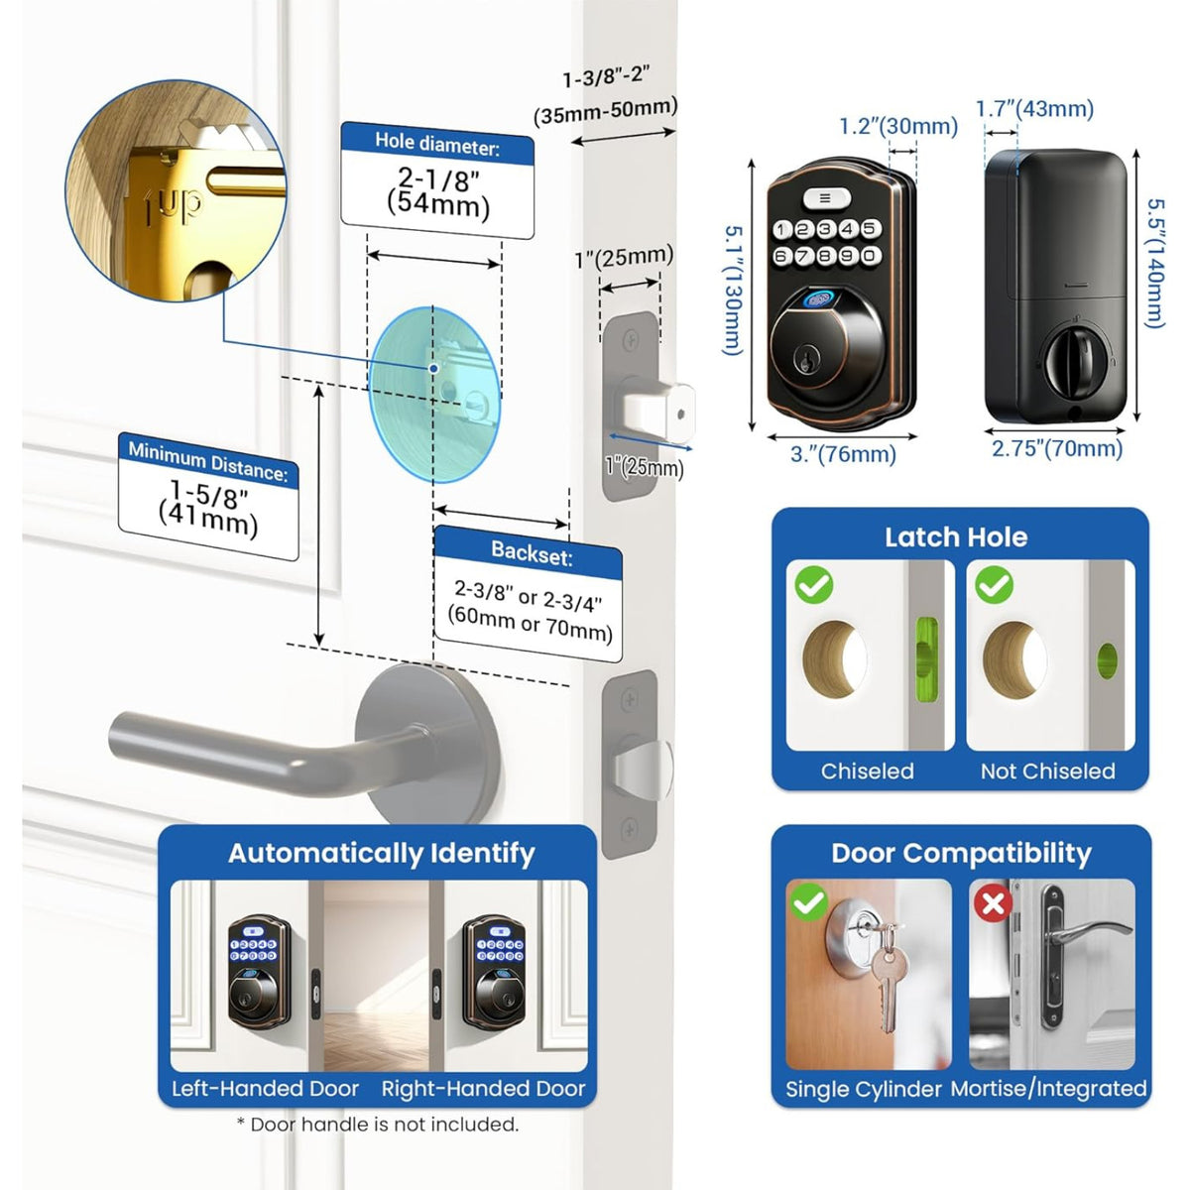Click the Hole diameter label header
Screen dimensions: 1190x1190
[437, 145]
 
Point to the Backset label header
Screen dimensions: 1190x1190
[532, 553]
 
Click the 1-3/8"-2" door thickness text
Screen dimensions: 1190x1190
[605, 78]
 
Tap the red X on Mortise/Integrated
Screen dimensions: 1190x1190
[993, 902]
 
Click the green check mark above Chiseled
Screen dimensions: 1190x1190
[814, 585]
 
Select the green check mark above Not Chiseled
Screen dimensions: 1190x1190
[995, 585]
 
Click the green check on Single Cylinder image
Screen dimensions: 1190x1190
[809, 902]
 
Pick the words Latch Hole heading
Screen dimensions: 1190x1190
[955, 537]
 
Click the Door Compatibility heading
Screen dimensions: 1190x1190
[961, 853]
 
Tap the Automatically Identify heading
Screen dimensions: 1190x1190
[382, 853]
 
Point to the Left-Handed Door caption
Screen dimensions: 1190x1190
[265, 1088]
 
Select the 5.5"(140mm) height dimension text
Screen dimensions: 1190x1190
[1154, 263]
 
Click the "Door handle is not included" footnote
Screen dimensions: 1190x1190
[378, 1124]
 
